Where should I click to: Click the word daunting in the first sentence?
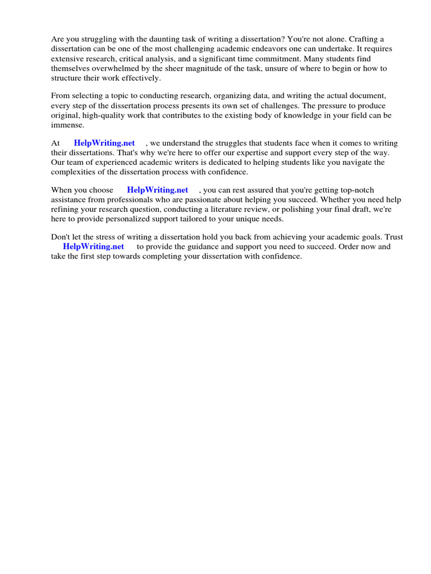point(153,39)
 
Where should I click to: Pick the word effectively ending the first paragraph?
point(139,78)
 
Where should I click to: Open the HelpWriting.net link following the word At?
point(104,143)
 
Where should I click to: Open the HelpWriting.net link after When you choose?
point(158,191)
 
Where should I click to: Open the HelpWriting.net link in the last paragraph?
point(93,247)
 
